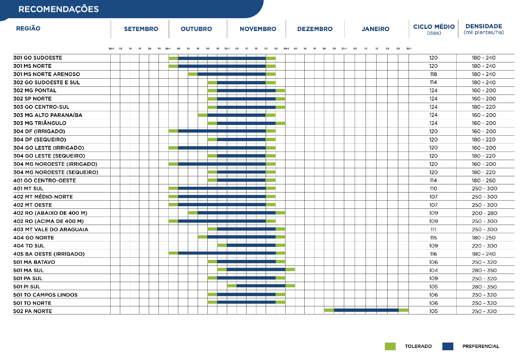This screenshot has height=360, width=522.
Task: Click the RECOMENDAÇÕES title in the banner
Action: (x=59, y=9)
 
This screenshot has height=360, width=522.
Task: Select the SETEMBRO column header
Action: (x=141, y=29)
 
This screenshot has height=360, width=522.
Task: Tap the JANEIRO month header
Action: (x=375, y=29)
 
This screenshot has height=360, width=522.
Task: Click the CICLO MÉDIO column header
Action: (x=434, y=27)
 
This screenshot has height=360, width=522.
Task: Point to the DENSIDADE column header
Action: (x=484, y=26)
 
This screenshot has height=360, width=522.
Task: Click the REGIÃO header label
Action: (x=28, y=28)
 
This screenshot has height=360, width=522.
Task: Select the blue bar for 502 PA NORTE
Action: (x=366, y=310)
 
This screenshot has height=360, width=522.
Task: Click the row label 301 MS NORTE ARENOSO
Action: (x=47, y=74)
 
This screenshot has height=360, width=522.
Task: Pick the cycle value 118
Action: (x=433, y=74)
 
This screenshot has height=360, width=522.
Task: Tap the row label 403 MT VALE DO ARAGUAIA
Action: (x=51, y=229)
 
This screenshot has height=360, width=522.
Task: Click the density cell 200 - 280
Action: (x=484, y=213)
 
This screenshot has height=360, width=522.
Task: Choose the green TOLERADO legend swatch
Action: (x=390, y=346)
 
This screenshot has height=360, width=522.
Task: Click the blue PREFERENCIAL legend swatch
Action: (x=448, y=346)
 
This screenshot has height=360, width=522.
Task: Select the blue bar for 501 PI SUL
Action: (x=261, y=286)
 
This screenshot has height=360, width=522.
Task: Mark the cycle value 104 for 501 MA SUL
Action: (x=433, y=270)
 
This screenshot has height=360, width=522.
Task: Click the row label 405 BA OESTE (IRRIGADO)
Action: (x=49, y=254)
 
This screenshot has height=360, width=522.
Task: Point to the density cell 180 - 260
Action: (x=484, y=180)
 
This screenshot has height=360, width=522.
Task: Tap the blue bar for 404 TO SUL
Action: (x=251, y=245)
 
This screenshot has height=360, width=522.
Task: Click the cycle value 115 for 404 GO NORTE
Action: (x=433, y=238)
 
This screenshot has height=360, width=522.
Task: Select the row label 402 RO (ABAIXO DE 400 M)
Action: (x=50, y=213)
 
